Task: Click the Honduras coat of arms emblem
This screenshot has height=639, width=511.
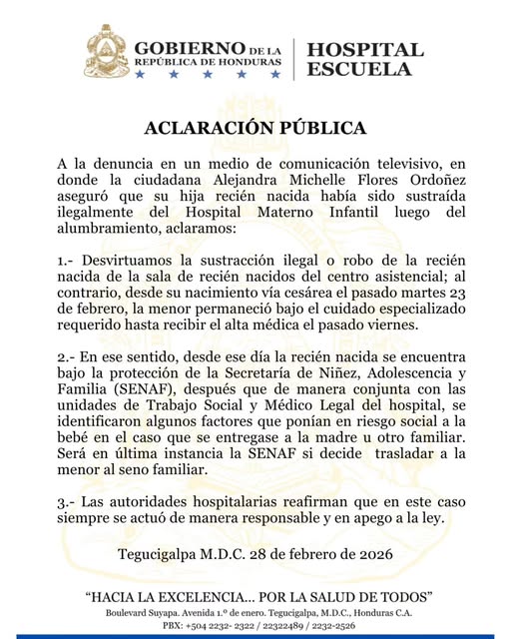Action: pyautogui.click(x=105, y=52)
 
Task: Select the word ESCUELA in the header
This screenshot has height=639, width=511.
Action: pyautogui.click(x=360, y=70)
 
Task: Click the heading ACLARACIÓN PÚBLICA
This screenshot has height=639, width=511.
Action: pyautogui.click(x=255, y=128)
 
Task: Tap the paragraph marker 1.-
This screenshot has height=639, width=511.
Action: pyautogui.click(x=67, y=260)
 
